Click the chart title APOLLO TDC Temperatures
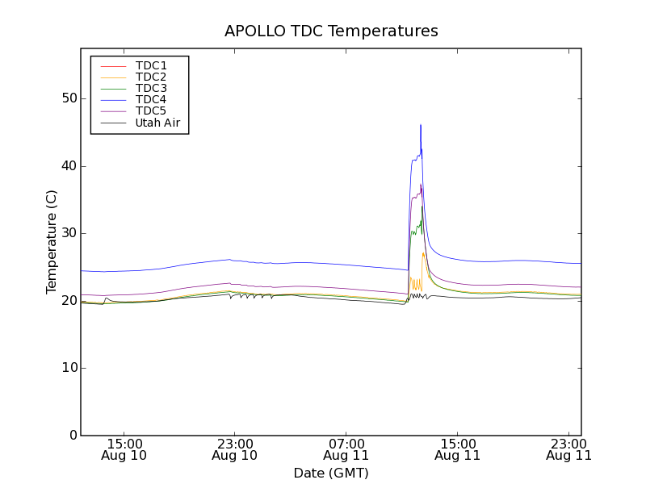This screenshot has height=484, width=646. (x=331, y=31)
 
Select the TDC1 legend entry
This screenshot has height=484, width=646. (x=151, y=65)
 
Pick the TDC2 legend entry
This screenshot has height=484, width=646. (x=151, y=77)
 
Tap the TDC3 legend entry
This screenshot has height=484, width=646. (x=151, y=88)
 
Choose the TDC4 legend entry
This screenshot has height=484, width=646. (x=151, y=99)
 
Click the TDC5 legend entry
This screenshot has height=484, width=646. (x=151, y=111)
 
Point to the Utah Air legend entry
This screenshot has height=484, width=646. (x=157, y=123)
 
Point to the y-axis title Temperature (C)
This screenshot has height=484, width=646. (x=52, y=242)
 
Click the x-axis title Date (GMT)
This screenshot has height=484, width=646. (x=331, y=473)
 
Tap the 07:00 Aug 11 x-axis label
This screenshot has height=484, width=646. (x=346, y=449)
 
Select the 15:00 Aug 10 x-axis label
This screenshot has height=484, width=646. (x=124, y=449)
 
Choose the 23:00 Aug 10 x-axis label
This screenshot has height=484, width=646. (x=235, y=449)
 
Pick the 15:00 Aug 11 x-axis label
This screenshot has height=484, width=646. (x=458, y=449)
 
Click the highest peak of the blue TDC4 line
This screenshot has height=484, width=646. (x=421, y=125)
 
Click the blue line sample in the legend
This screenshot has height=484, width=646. (x=112, y=100)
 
